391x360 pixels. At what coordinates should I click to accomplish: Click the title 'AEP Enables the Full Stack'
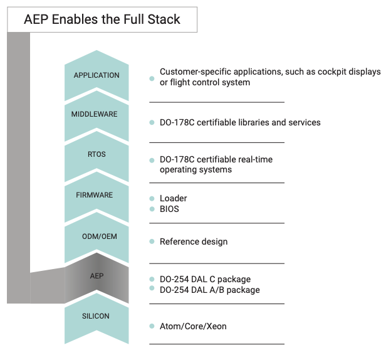[x=102, y=19]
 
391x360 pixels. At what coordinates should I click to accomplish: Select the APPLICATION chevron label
[x=96, y=75]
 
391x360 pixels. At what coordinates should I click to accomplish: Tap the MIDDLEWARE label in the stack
[x=94, y=114]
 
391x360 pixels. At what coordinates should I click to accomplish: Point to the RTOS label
[x=96, y=154]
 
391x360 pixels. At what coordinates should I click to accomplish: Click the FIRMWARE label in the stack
[x=95, y=195]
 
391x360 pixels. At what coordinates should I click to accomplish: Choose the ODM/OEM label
[x=100, y=236]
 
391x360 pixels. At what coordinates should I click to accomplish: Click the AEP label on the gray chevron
[x=96, y=276]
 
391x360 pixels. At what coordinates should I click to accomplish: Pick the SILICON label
[x=96, y=316]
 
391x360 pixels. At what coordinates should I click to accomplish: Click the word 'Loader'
[x=174, y=198]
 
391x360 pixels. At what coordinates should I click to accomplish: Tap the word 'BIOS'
[x=169, y=209]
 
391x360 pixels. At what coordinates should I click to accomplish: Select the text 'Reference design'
[x=194, y=241]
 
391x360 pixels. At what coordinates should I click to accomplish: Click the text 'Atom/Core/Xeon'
[x=193, y=326]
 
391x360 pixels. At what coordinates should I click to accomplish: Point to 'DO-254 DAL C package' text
[x=206, y=279]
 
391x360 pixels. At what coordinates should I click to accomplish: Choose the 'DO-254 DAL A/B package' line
[x=210, y=290]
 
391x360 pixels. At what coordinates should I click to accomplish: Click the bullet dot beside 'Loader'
[x=152, y=198]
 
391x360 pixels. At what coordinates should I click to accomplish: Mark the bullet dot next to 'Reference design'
[x=152, y=241]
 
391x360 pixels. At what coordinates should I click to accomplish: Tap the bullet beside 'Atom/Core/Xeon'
[x=152, y=326]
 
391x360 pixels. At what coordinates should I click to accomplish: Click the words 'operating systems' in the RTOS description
[x=195, y=170]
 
